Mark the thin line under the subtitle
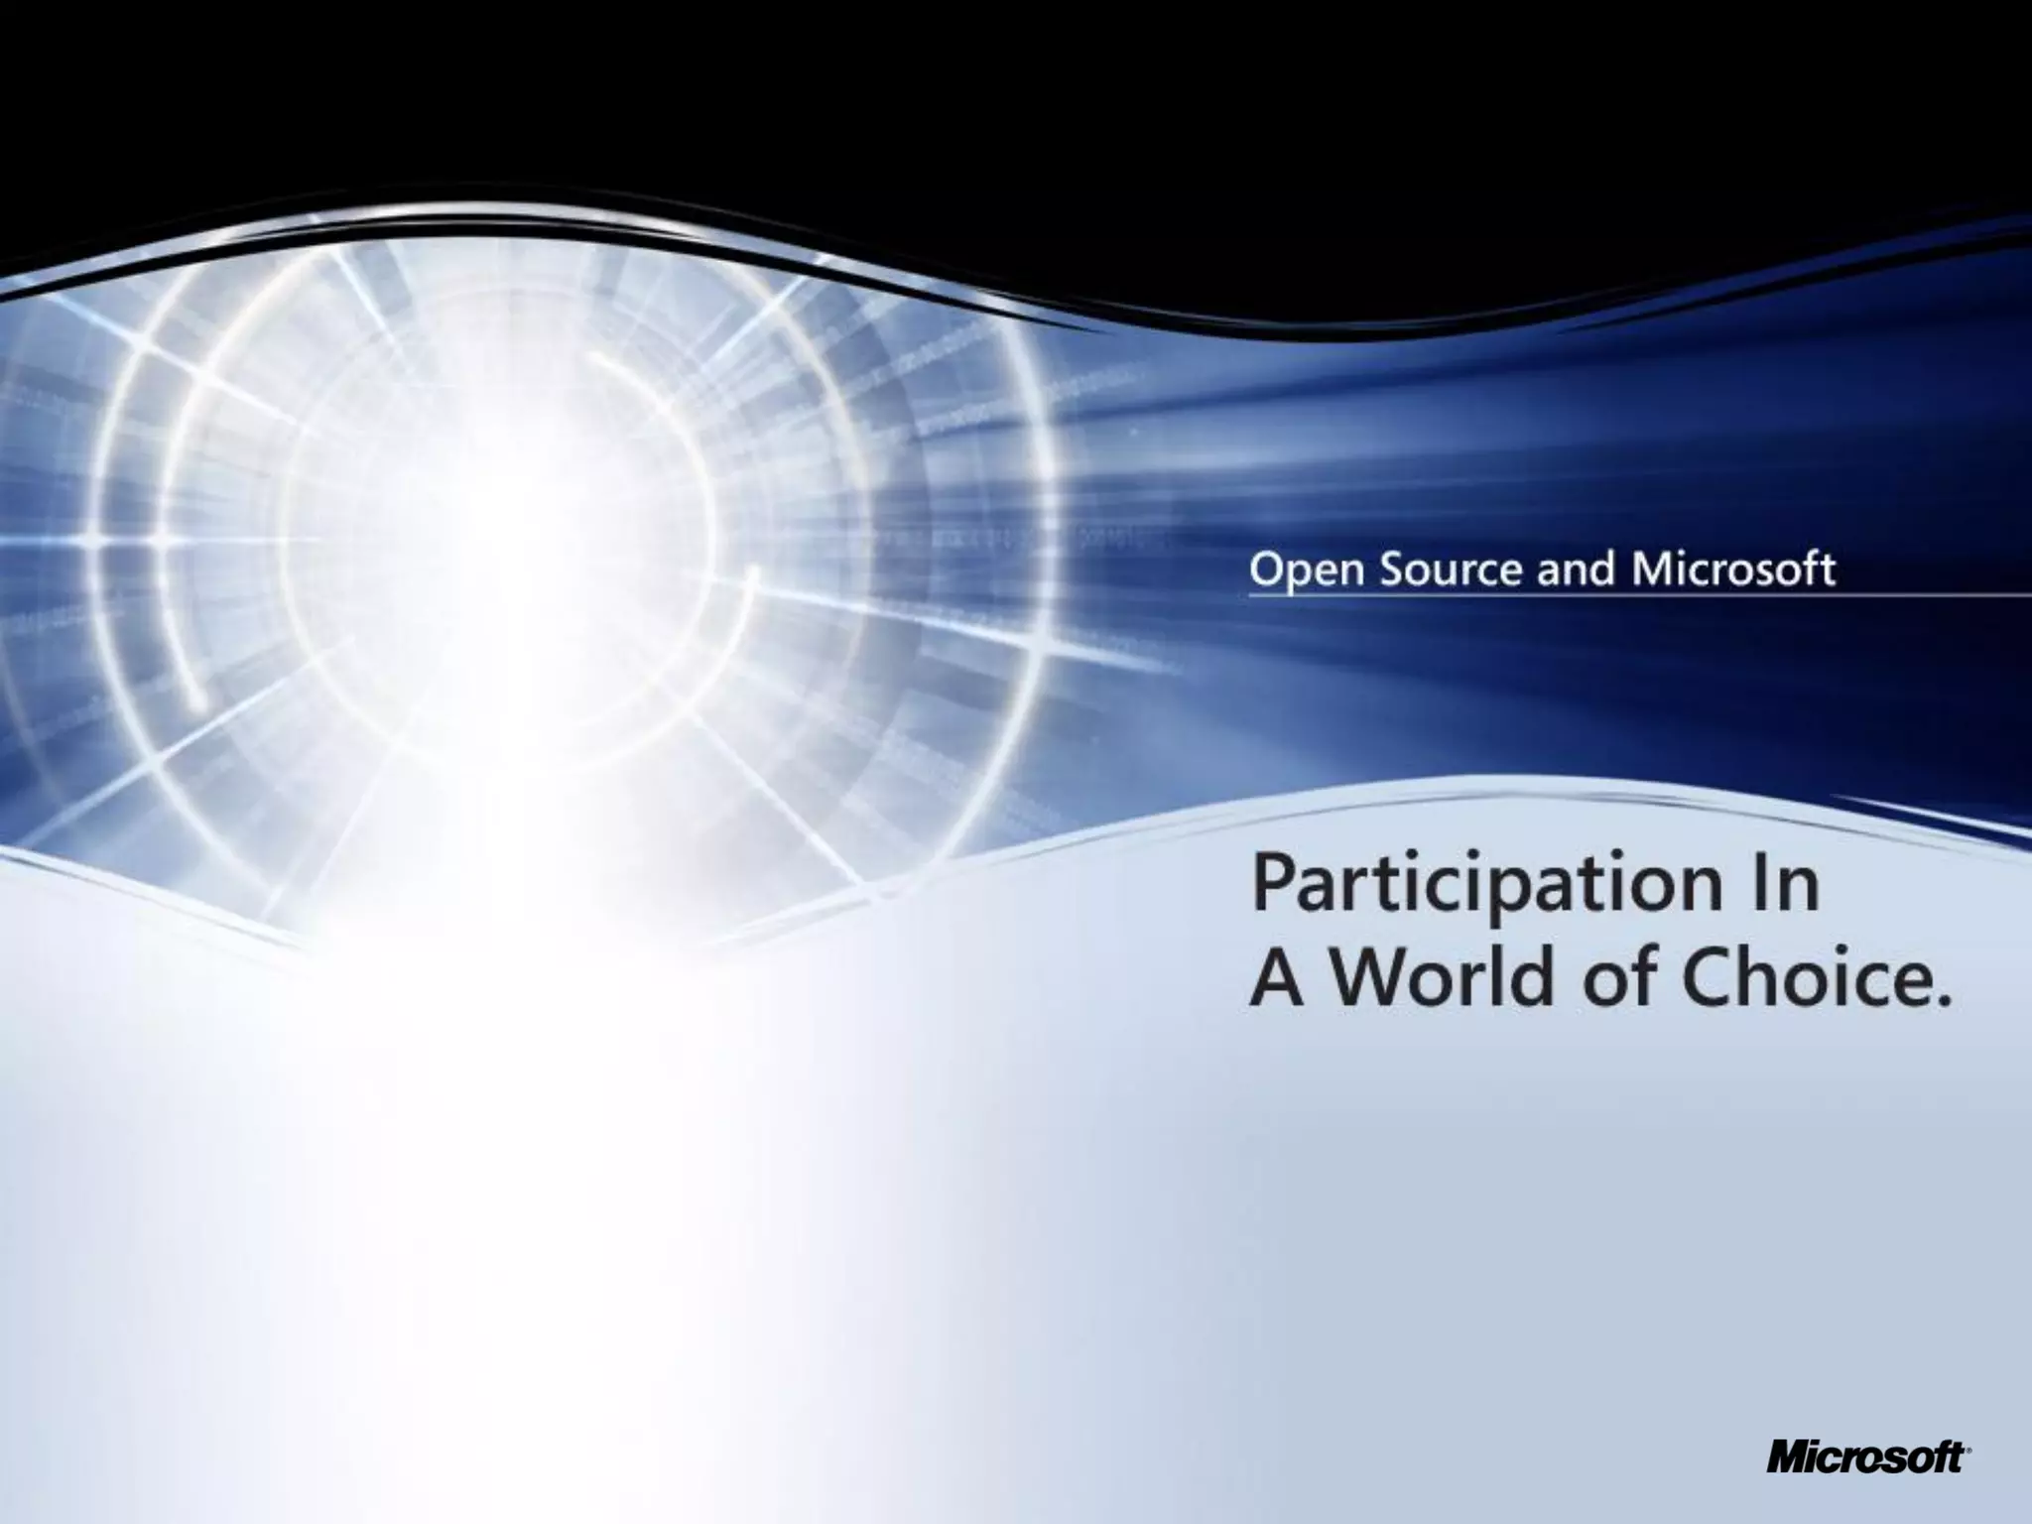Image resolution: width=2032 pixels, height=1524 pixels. pos(1637,596)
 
